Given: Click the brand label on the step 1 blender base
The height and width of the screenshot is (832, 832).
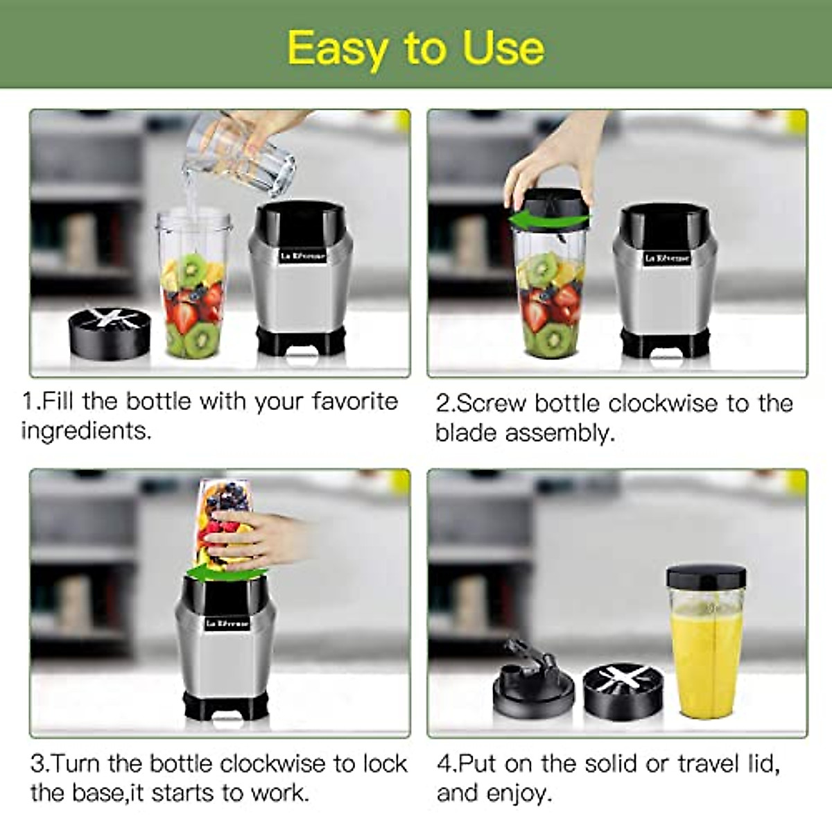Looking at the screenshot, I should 303,256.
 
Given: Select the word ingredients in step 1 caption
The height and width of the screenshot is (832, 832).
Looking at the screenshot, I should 85,431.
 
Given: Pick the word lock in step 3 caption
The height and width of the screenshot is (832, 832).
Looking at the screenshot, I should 385,763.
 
